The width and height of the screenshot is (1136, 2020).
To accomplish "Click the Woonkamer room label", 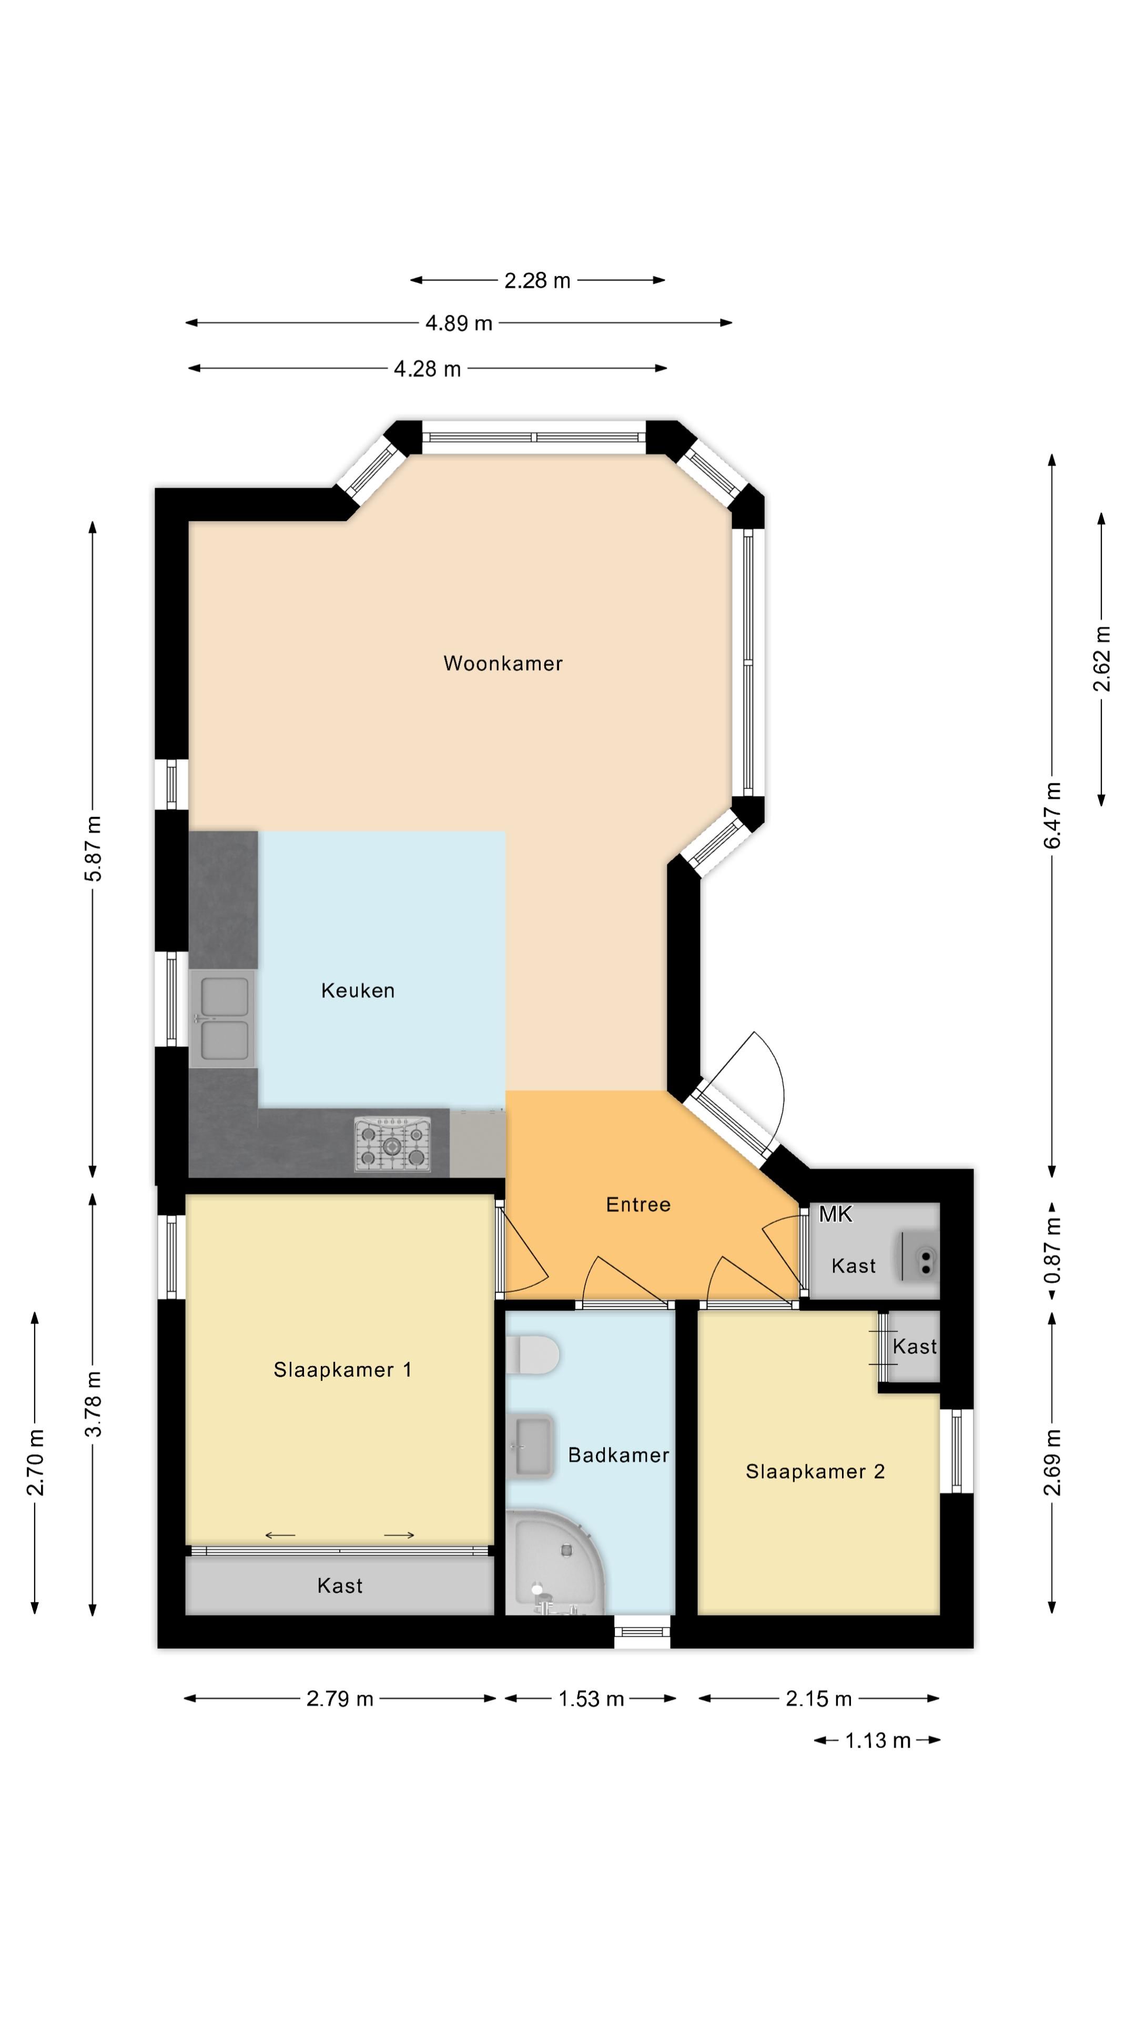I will (503, 663).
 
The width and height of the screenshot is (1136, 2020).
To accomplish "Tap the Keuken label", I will (358, 991).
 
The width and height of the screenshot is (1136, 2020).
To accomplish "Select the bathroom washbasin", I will (532, 1445).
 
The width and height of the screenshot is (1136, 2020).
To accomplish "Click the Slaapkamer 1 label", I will (342, 1369).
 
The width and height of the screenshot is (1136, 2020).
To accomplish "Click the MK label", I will (835, 1214).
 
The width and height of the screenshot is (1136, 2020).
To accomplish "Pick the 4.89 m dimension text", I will (459, 323).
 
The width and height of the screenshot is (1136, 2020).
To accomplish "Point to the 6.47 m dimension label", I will (1052, 815).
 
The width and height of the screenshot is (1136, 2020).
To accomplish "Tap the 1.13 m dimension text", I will (877, 1741).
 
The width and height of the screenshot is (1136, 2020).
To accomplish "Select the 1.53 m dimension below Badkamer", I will (590, 1699).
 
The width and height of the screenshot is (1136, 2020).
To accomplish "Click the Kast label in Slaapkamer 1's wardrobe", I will (339, 1585).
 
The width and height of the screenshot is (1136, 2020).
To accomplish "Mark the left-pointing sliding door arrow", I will (280, 1534).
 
